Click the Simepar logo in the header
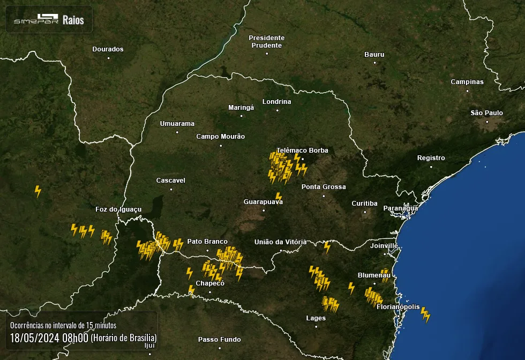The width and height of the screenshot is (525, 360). [35, 20]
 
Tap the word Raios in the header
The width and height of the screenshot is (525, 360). [73, 20]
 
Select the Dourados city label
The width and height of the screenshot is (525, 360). [108, 49]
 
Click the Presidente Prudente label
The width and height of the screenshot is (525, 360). [267, 42]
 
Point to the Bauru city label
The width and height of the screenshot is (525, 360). [374, 55]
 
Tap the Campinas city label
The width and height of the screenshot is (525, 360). [467, 82]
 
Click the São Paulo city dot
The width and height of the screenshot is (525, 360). [487, 122]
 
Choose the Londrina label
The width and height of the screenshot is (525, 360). [276, 102]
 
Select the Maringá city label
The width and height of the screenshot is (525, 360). [241, 108]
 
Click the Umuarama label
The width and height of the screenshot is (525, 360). [177, 124]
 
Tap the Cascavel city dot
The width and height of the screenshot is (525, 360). [171, 189]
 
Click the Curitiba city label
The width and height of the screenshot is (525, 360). [364, 204]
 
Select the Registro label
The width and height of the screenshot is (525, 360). [431, 158]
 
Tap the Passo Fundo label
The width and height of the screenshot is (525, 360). [219, 340]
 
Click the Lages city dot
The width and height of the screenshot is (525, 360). [316, 326]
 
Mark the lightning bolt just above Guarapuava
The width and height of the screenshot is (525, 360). [278, 197]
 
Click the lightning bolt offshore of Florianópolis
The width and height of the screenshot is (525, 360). [425, 314]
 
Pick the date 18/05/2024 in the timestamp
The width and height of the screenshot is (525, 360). [35, 338]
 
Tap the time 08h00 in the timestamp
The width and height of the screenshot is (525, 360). [75, 338]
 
